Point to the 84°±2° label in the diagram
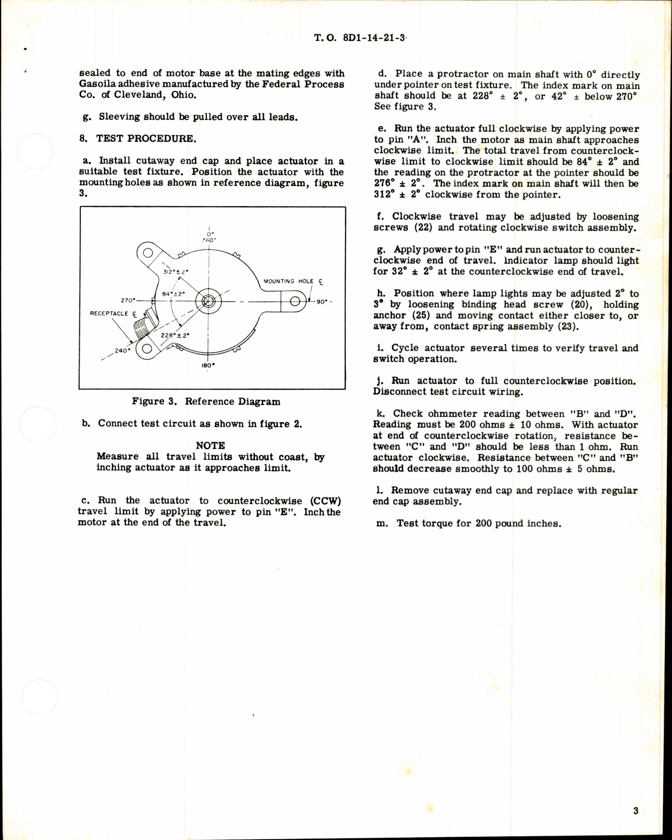[173, 294]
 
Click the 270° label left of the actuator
[128, 300]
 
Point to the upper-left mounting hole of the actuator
[148, 253]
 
